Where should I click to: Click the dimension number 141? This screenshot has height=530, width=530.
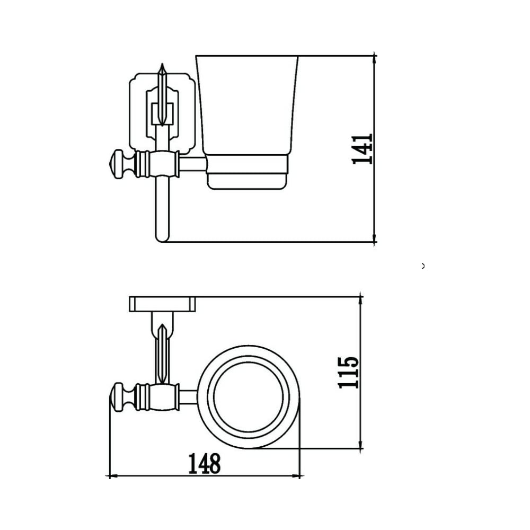[362, 149]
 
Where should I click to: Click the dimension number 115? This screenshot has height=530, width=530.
[348, 373]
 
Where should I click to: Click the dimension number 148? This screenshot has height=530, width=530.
[205, 464]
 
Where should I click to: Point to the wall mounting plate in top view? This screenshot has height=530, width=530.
[162, 304]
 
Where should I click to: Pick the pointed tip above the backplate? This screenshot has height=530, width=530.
[162, 64]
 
